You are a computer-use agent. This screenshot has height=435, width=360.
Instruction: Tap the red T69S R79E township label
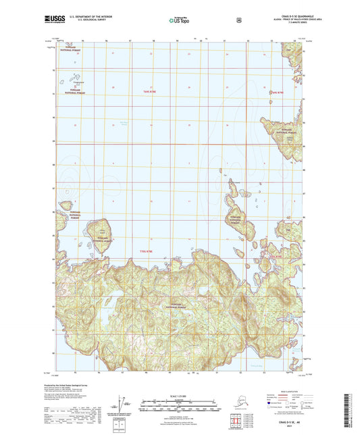[x=275, y=92]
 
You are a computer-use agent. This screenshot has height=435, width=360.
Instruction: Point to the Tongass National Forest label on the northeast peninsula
[x=285, y=132]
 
